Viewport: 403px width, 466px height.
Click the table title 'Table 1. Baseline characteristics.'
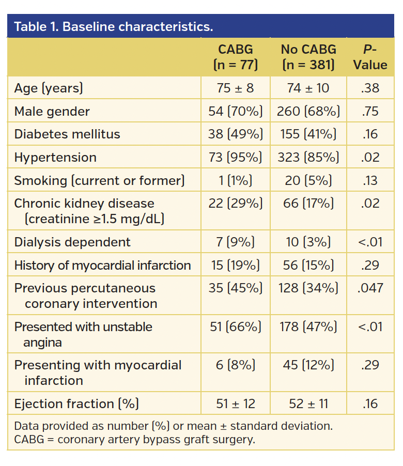click(113, 26)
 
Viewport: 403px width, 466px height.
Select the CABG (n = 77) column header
click(235, 57)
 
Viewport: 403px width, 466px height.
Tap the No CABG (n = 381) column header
click(308, 57)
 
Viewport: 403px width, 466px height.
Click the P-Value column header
click(370, 57)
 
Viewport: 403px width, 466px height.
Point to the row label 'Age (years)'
click(49, 88)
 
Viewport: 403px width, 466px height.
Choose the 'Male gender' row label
click(52, 111)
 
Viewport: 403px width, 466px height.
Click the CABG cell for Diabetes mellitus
click(235, 134)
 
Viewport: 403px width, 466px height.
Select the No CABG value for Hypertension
click(308, 157)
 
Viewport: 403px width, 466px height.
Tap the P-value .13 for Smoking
click(370, 180)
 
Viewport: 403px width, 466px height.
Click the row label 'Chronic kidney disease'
click(84, 204)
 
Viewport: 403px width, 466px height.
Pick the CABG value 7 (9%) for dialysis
click(235, 242)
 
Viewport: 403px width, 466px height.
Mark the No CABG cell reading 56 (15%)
click(308, 266)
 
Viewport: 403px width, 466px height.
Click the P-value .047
click(370, 288)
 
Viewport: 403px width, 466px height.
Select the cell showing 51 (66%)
click(235, 327)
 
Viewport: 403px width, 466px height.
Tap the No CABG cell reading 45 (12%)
click(308, 365)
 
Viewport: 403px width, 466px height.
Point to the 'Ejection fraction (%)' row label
click(76, 404)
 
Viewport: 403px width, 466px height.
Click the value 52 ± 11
click(308, 404)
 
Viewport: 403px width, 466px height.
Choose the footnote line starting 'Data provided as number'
click(173, 427)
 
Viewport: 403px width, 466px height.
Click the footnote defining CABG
click(134, 440)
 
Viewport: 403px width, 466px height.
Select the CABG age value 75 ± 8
click(235, 88)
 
